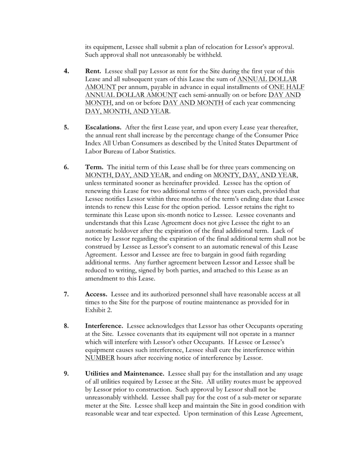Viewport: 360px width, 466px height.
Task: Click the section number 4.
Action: point(67,70)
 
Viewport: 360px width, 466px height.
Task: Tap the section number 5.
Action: point(67,127)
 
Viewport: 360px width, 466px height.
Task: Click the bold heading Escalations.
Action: point(103,127)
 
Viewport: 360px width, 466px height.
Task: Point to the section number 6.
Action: point(67,167)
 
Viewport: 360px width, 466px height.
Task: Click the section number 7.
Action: point(67,294)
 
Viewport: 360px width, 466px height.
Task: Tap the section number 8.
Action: point(67,326)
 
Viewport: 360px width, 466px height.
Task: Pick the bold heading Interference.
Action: point(104,326)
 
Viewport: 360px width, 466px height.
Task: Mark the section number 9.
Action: point(67,374)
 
